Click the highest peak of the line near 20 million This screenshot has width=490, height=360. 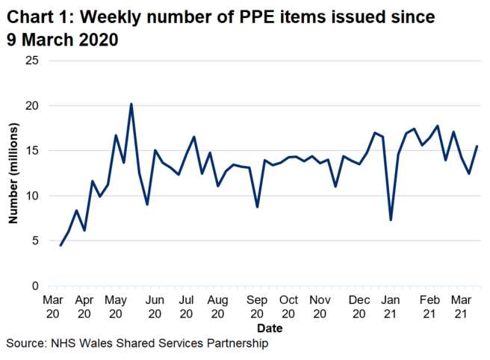[x=131, y=104]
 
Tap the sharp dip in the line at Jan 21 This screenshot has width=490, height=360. [x=391, y=220]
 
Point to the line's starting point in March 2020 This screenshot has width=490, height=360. [x=61, y=245]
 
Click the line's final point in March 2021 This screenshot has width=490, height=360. [x=477, y=146]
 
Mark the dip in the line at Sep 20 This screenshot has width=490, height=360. [x=257, y=207]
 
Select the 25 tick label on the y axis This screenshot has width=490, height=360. [x=32, y=60]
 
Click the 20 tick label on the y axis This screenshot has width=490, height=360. [x=32, y=106]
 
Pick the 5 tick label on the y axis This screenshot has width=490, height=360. [x=35, y=241]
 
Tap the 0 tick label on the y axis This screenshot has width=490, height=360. [x=35, y=286]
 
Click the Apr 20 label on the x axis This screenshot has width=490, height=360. [x=84, y=306]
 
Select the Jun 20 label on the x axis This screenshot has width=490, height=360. [x=155, y=306]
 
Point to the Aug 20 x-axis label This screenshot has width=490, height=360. [x=218, y=306]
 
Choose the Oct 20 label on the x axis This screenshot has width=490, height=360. [x=288, y=306]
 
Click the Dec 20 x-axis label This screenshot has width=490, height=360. [x=359, y=306]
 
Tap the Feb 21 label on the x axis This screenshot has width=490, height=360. [x=429, y=306]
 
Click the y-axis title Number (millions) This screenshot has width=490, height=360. [x=13, y=174]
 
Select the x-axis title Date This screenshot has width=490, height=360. [x=265, y=328]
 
